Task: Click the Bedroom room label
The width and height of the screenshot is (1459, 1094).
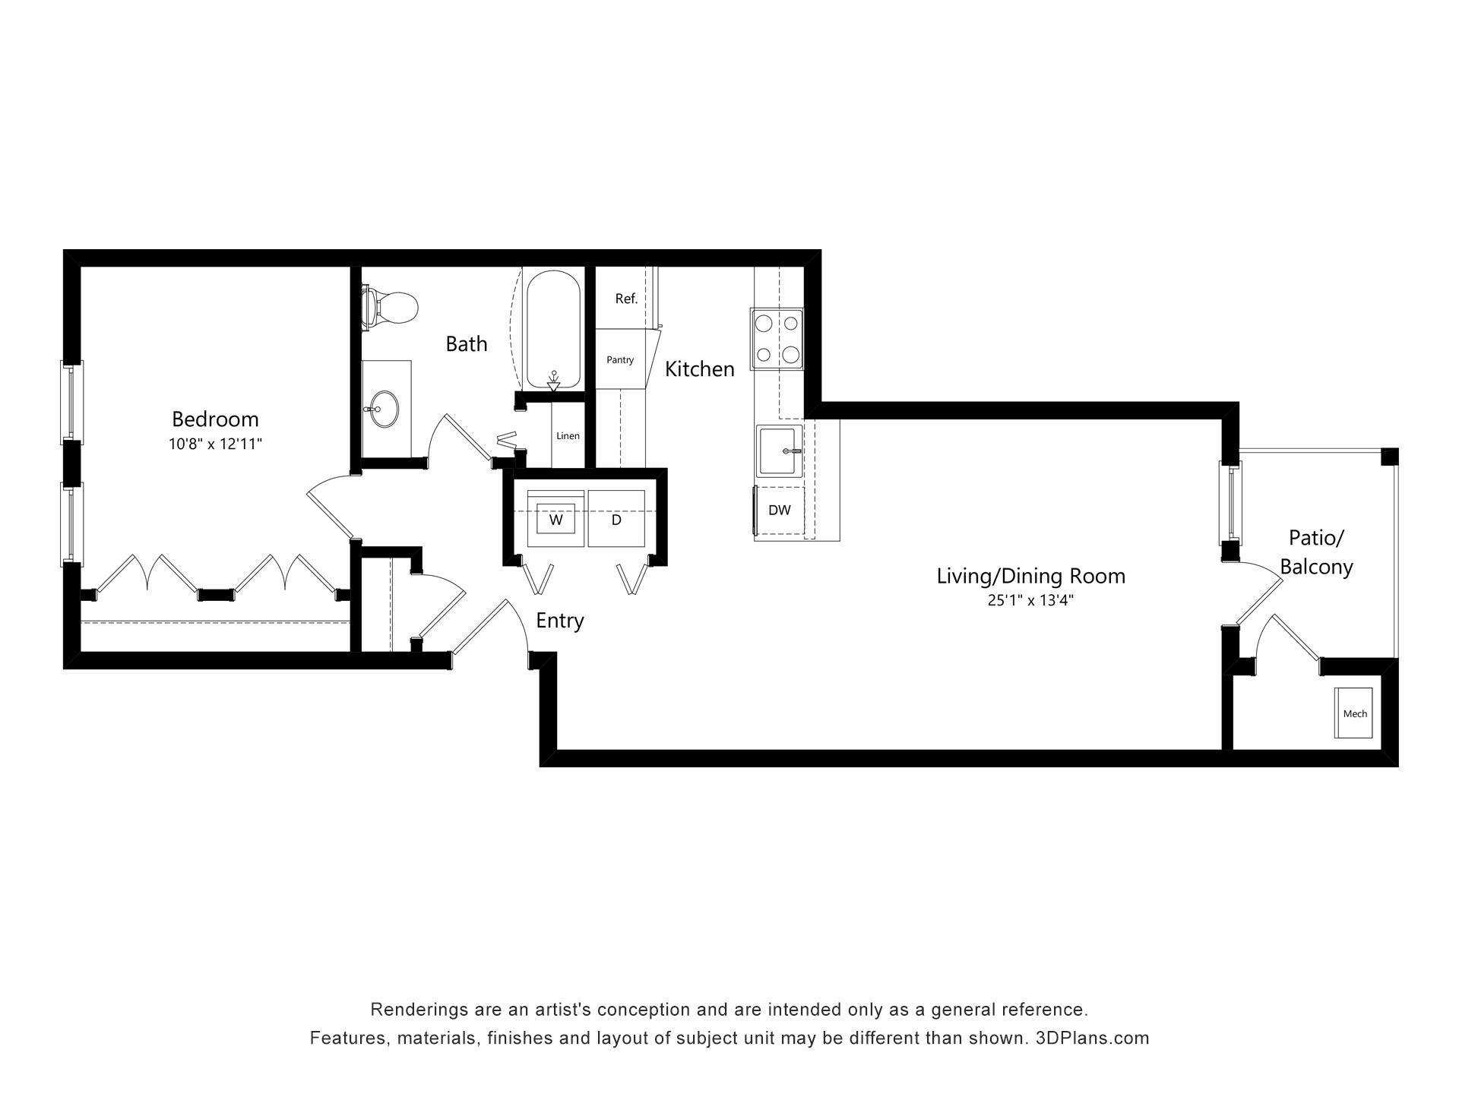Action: point(215,419)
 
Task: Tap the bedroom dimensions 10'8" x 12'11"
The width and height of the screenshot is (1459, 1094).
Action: point(215,444)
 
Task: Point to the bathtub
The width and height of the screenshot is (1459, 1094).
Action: point(553,329)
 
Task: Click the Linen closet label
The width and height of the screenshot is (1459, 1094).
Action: point(568,436)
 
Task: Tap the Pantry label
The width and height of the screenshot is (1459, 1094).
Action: point(620,360)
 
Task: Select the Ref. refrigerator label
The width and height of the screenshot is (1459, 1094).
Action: point(626,299)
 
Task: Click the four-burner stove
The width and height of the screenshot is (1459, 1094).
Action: point(777,339)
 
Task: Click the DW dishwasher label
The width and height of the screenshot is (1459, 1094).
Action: point(779,511)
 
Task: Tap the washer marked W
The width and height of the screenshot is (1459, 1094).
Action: point(555,520)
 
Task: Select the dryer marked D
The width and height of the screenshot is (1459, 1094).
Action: point(616,520)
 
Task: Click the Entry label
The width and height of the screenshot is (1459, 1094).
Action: point(560,621)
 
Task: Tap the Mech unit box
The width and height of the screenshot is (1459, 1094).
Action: point(1354,713)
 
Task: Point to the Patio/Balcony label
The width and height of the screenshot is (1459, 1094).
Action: point(1316,552)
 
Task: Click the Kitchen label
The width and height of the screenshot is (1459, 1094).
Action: point(699,369)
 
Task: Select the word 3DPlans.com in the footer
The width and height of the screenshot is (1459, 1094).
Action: point(1092,1039)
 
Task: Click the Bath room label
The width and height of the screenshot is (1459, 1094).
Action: point(466,344)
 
